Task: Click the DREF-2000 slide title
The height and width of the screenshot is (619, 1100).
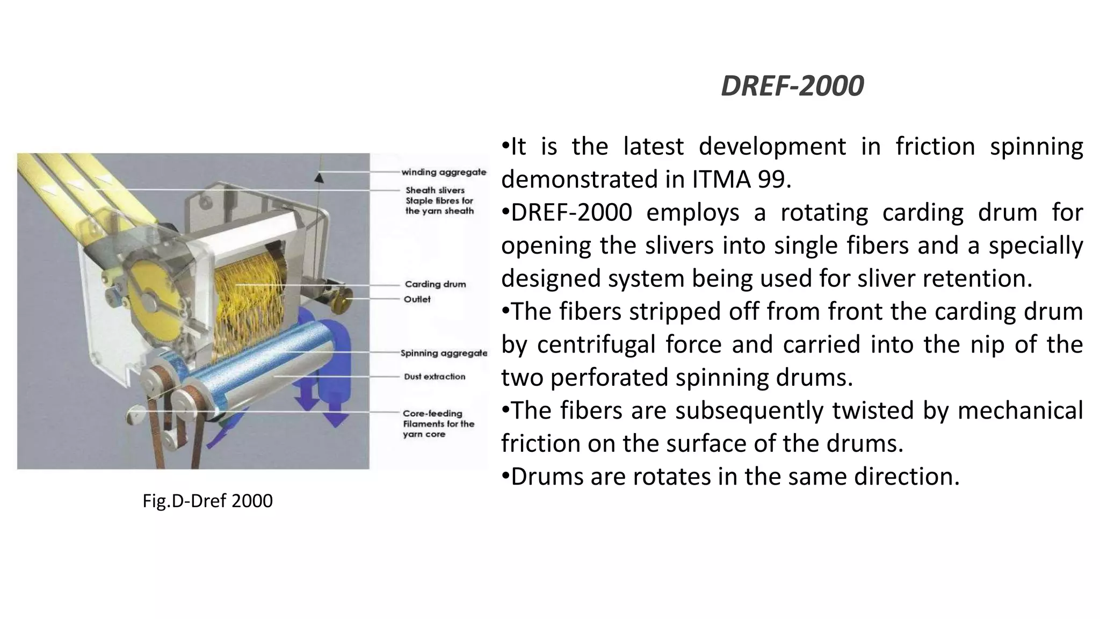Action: [792, 86]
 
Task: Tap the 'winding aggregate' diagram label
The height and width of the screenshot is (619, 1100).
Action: [444, 172]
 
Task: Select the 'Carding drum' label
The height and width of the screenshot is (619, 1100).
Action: [435, 284]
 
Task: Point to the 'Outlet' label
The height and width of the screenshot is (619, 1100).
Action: [417, 299]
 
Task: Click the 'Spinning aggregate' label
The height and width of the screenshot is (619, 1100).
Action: [444, 353]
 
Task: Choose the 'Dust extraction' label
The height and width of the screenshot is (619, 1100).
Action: [435, 377]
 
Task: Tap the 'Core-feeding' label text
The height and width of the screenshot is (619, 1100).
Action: [432, 413]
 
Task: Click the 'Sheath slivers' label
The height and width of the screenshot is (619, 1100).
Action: [435, 190]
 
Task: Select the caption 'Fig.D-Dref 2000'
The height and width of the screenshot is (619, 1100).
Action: [207, 501]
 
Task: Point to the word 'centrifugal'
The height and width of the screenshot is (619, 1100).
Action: [596, 344]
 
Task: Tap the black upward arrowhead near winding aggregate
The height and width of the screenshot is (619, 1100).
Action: [319, 176]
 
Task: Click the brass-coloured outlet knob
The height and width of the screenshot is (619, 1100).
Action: [340, 305]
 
